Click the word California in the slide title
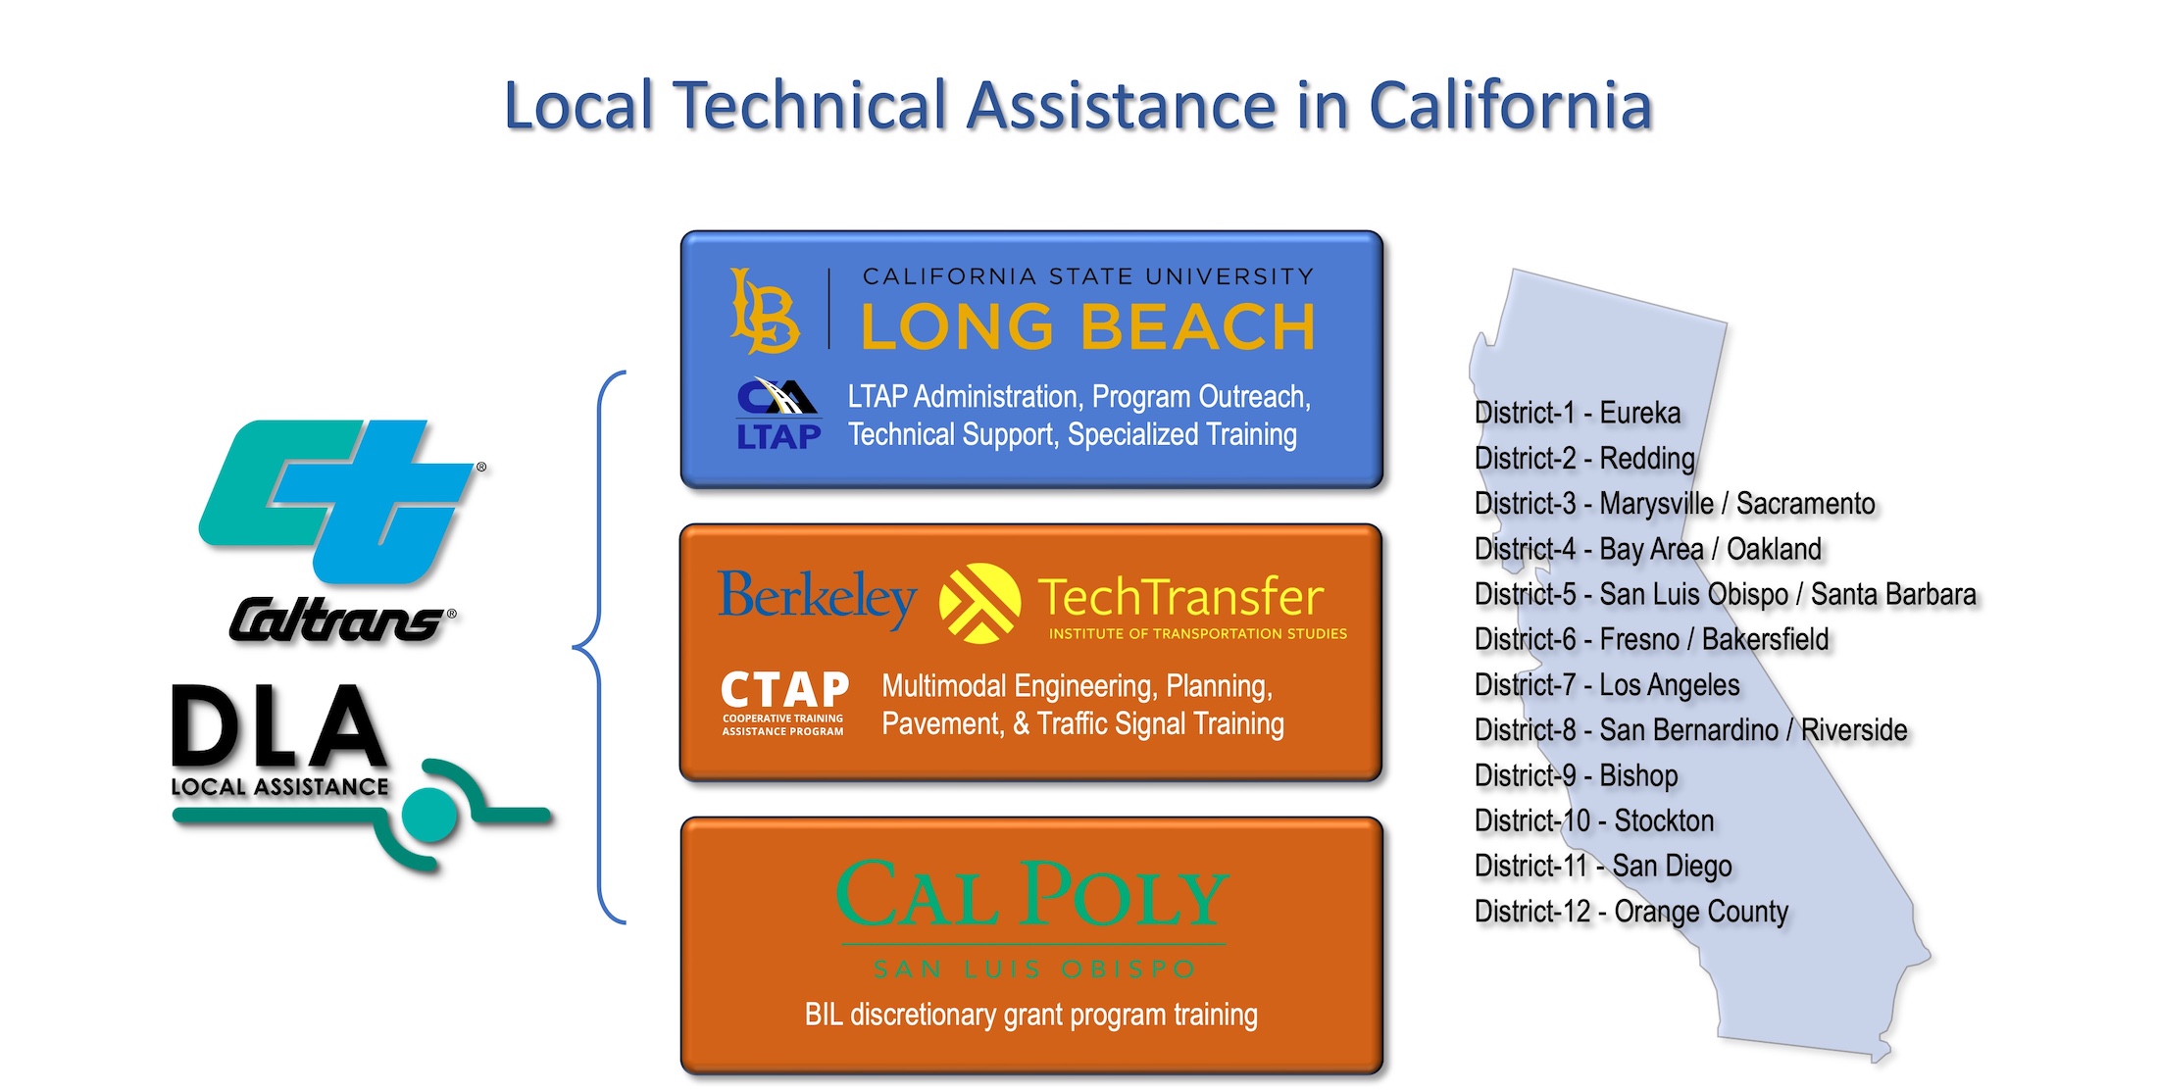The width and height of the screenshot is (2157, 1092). click(1510, 105)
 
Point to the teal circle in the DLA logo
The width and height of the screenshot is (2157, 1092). click(429, 814)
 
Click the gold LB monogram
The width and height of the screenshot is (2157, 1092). click(765, 312)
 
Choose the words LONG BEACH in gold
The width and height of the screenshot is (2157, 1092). click(1087, 326)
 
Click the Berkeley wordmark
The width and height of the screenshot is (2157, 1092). click(817, 598)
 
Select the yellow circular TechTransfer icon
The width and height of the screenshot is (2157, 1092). click(979, 603)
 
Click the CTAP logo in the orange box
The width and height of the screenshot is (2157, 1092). click(784, 702)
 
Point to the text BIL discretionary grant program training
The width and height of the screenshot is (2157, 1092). click(1031, 1015)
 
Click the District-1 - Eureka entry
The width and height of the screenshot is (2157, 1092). click(1578, 413)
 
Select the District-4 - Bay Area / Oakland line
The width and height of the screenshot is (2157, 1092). click(1648, 549)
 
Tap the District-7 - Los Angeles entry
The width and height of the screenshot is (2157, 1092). click(1607, 684)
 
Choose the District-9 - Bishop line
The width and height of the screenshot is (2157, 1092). click(1577, 775)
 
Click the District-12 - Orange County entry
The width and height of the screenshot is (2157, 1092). click(1631, 912)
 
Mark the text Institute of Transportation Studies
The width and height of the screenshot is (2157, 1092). click(1198, 634)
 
